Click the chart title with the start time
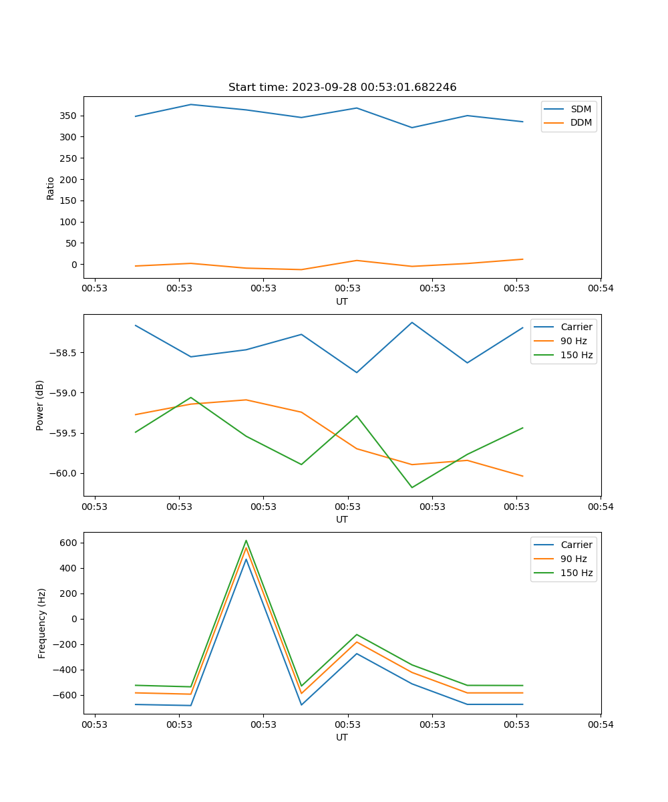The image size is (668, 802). pyautogui.click(x=342, y=88)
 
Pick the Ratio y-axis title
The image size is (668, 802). pyautogui.click(x=51, y=188)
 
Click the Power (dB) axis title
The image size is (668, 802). pyautogui.click(x=40, y=405)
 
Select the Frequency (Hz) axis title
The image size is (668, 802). pyautogui.click(x=42, y=623)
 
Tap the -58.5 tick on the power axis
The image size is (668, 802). pyautogui.click(x=65, y=353)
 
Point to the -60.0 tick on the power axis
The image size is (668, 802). pyautogui.click(x=65, y=473)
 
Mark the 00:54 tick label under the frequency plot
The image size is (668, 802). pyautogui.click(x=601, y=724)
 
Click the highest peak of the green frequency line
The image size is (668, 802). pyautogui.click(x=246, y=541)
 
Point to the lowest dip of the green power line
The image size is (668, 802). pyautogui.click(x=411, y=487)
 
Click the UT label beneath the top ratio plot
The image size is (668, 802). pyautogui.click(x=342, y=301)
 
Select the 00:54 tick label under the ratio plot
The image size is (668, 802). pyautogui.click(x=601, y=289)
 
